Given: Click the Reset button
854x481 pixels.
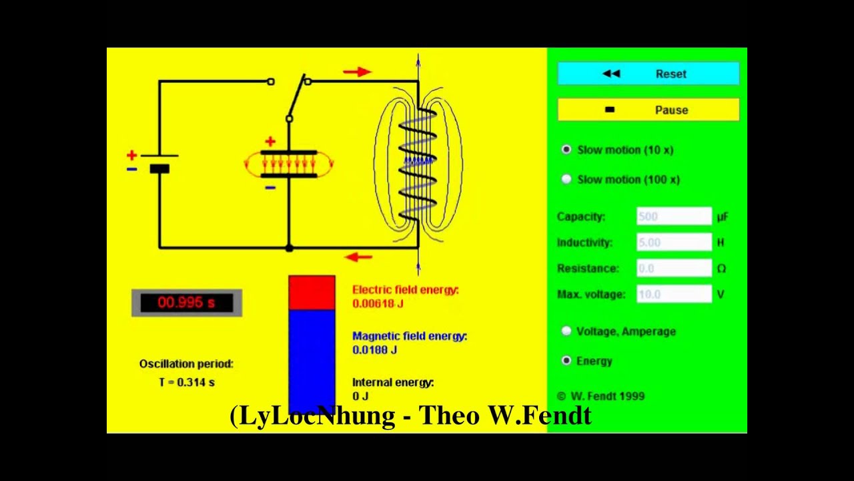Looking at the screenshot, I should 648,73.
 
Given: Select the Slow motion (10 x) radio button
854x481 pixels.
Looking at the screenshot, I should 566,150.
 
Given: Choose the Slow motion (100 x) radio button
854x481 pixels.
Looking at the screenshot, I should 566,179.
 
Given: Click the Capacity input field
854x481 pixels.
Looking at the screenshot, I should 674,216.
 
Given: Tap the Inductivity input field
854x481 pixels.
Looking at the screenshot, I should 674,243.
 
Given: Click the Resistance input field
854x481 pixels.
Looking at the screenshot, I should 674,269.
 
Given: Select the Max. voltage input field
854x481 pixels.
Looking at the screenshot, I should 674,294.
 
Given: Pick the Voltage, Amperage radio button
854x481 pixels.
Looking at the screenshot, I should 566,331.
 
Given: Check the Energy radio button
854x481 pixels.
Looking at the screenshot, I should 566,361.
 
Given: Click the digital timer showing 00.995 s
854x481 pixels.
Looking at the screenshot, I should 187,303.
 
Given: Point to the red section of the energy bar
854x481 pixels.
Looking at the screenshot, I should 312,293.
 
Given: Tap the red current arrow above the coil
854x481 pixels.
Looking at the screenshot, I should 357,71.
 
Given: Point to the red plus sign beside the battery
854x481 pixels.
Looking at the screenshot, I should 131,156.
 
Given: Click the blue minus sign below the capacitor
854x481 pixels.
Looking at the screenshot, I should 270,188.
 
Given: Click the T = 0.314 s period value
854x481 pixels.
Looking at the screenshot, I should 187,382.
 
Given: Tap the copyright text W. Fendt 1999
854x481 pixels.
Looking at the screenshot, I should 600,396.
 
